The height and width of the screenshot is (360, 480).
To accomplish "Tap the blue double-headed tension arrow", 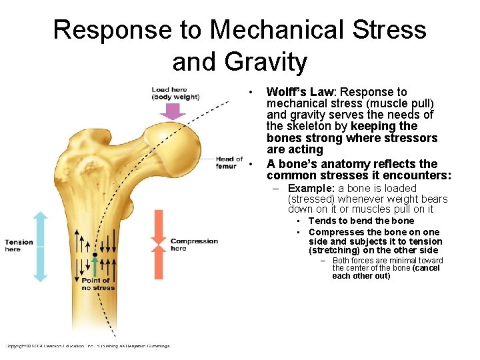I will (x=40, y=247).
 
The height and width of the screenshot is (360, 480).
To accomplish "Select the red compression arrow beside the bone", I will (x=159, y=244).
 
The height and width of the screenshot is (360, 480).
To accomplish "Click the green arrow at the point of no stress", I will (x=95, y=267).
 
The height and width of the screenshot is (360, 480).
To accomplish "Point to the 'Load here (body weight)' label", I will (x=175, y=93).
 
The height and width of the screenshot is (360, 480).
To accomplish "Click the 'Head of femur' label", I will (x=229, y=162).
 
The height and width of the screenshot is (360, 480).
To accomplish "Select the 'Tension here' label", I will (x=19, y=245).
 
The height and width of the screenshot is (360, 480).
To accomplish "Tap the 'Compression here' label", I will (x=194, y=244).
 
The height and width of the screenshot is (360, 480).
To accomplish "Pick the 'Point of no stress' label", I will (x=98, y=284).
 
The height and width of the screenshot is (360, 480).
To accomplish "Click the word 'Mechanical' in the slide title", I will (x=280, y=29).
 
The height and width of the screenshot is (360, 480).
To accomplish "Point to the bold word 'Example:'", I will (x=311, y=189).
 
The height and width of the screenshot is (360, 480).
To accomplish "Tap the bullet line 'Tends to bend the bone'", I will (x=361, y=221).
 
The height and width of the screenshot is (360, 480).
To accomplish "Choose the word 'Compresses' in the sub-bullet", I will (x=335, y=231).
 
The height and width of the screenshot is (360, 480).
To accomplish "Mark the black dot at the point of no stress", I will (x=95, y=255).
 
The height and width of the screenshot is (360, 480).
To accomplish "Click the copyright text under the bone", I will (x=87, y=346).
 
